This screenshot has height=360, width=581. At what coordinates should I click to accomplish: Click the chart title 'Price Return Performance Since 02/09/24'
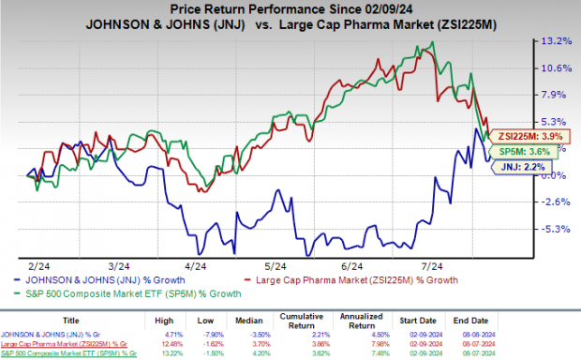pyautogui.click(x=290, y=8)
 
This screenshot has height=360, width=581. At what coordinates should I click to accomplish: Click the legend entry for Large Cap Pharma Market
pyautogui.click(x=365, y=279)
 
